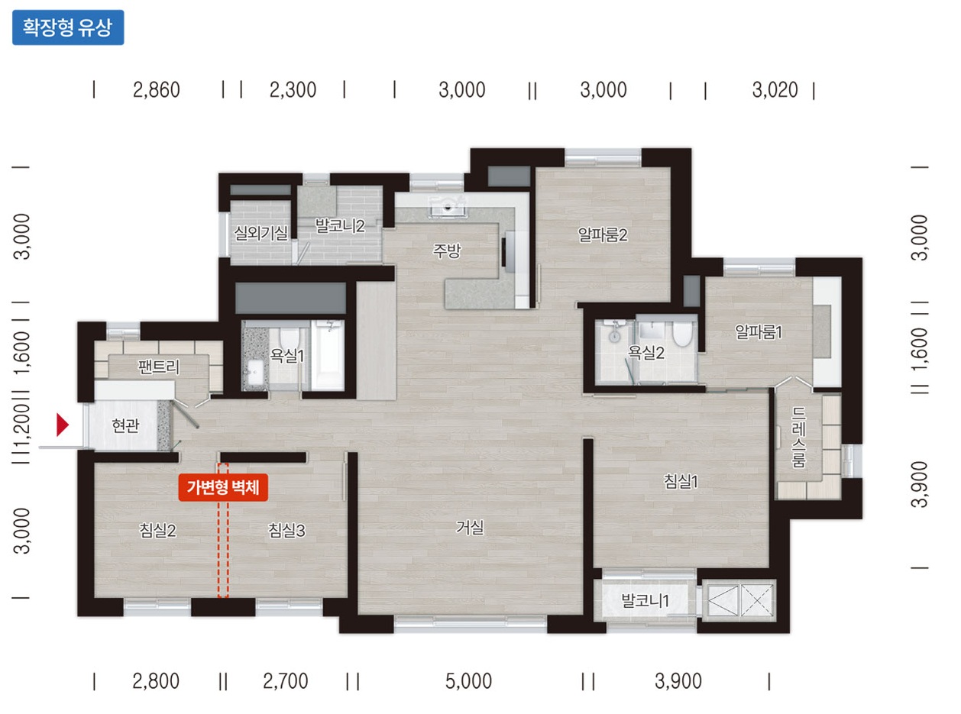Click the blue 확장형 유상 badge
pyautogui.click(x=68, y=27)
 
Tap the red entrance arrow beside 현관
pyautogui.click(x=63, y=425)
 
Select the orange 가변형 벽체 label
pyautogui.click(x=223, y=487)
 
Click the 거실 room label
pyautogui.click(x=470, y=528)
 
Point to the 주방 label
pyautogui.click(x=447, y=250)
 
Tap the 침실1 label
pyautogui.click(x=681, y=481)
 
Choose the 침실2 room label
pyautogui.click(x=157, y=530)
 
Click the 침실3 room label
pyautogui.click(x=286, y=530)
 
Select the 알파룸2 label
pyautogui.click(x=603, y=235)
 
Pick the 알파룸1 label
pyautogui.click(x=759, y=332)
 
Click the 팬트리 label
pyautogui.click(x=159, y=367)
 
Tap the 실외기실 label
pyautogui.click(x=260, y=233)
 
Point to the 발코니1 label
pyautogui.click(x=646, y=600)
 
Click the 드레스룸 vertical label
pyautogui.click(x=798, y=438)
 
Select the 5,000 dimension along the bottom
pyautogui.click(x=468, y=681)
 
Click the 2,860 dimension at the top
pyautogui.click(x=156, y=90)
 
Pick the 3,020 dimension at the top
pyautogui.click(x=775, y=90)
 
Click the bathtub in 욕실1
pyautogui.click(x=328, y=355)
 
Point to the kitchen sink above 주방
pyautogui.click(x=447, y=206)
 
